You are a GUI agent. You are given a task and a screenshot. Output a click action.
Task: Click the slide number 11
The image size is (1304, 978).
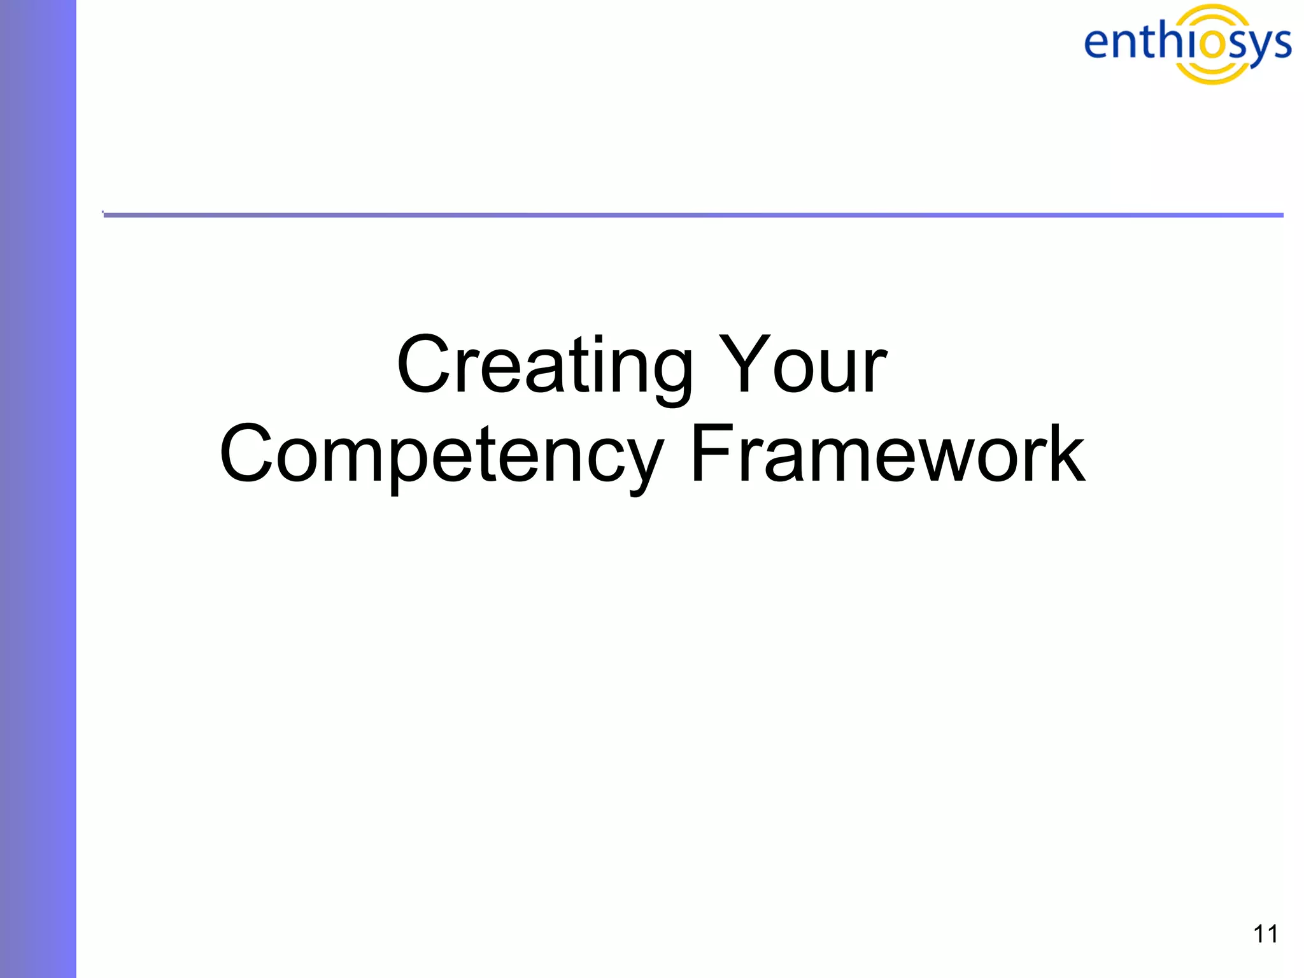[x=1265, y=934]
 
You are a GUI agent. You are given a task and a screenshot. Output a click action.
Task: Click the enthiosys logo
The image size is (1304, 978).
[x=1187, y=43]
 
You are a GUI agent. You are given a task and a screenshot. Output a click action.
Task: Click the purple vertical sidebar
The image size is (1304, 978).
[x=38, y=489]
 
